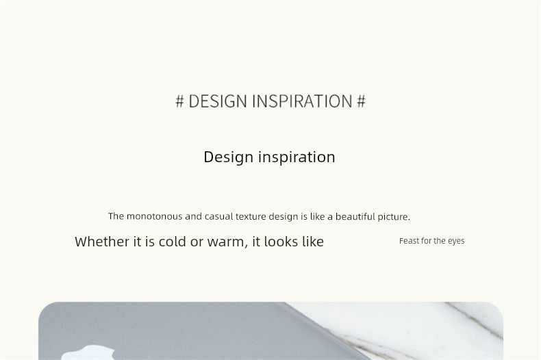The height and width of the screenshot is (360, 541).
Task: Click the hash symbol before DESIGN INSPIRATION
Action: tap(179, 101)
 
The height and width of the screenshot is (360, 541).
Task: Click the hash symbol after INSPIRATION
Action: tap(361, 101)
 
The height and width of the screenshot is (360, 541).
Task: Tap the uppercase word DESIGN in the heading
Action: tap(218, 101)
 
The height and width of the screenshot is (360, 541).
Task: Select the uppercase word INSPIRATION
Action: tap(302, 101)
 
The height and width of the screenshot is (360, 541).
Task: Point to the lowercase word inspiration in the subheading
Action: tap(297, 157)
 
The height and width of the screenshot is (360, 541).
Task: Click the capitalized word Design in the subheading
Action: tap(229, 157)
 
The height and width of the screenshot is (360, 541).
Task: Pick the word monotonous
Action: tap(154, 216)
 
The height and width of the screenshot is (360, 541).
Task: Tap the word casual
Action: tap(218, 216)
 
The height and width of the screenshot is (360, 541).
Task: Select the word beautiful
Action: tap(355, 216)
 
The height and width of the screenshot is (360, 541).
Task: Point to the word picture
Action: tap(394, 217)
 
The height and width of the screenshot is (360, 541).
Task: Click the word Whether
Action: tap(102, 242)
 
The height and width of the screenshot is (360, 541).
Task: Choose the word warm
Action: tap(227, 242)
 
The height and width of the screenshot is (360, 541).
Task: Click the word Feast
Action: tap(410, 241)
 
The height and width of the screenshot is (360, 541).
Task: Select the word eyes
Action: tap(456, 241)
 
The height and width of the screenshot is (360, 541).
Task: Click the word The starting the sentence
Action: tap(116, 216)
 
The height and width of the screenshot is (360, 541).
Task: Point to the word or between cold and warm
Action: tap(197, 242)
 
